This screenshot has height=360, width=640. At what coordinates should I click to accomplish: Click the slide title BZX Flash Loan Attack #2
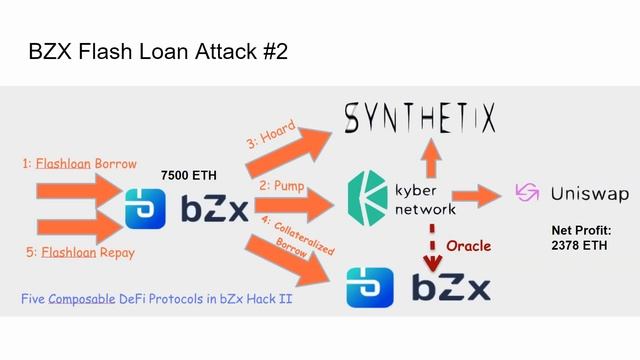(x=159, y=51)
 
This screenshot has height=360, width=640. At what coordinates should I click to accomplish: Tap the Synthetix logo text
(x=420, y=119)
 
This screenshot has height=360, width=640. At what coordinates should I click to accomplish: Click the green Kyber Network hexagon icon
(x=367, y=193)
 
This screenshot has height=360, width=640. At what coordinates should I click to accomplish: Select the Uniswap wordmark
(x=585, y=192)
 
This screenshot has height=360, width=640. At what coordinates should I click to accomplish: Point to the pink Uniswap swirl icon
(x=526, y=192)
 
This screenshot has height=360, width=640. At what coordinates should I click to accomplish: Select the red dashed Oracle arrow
(x=433, y=245)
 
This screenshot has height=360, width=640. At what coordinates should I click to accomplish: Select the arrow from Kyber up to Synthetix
(x=430, y=152)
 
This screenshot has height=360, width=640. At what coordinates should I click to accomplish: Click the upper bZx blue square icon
(x=146, y=209)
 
